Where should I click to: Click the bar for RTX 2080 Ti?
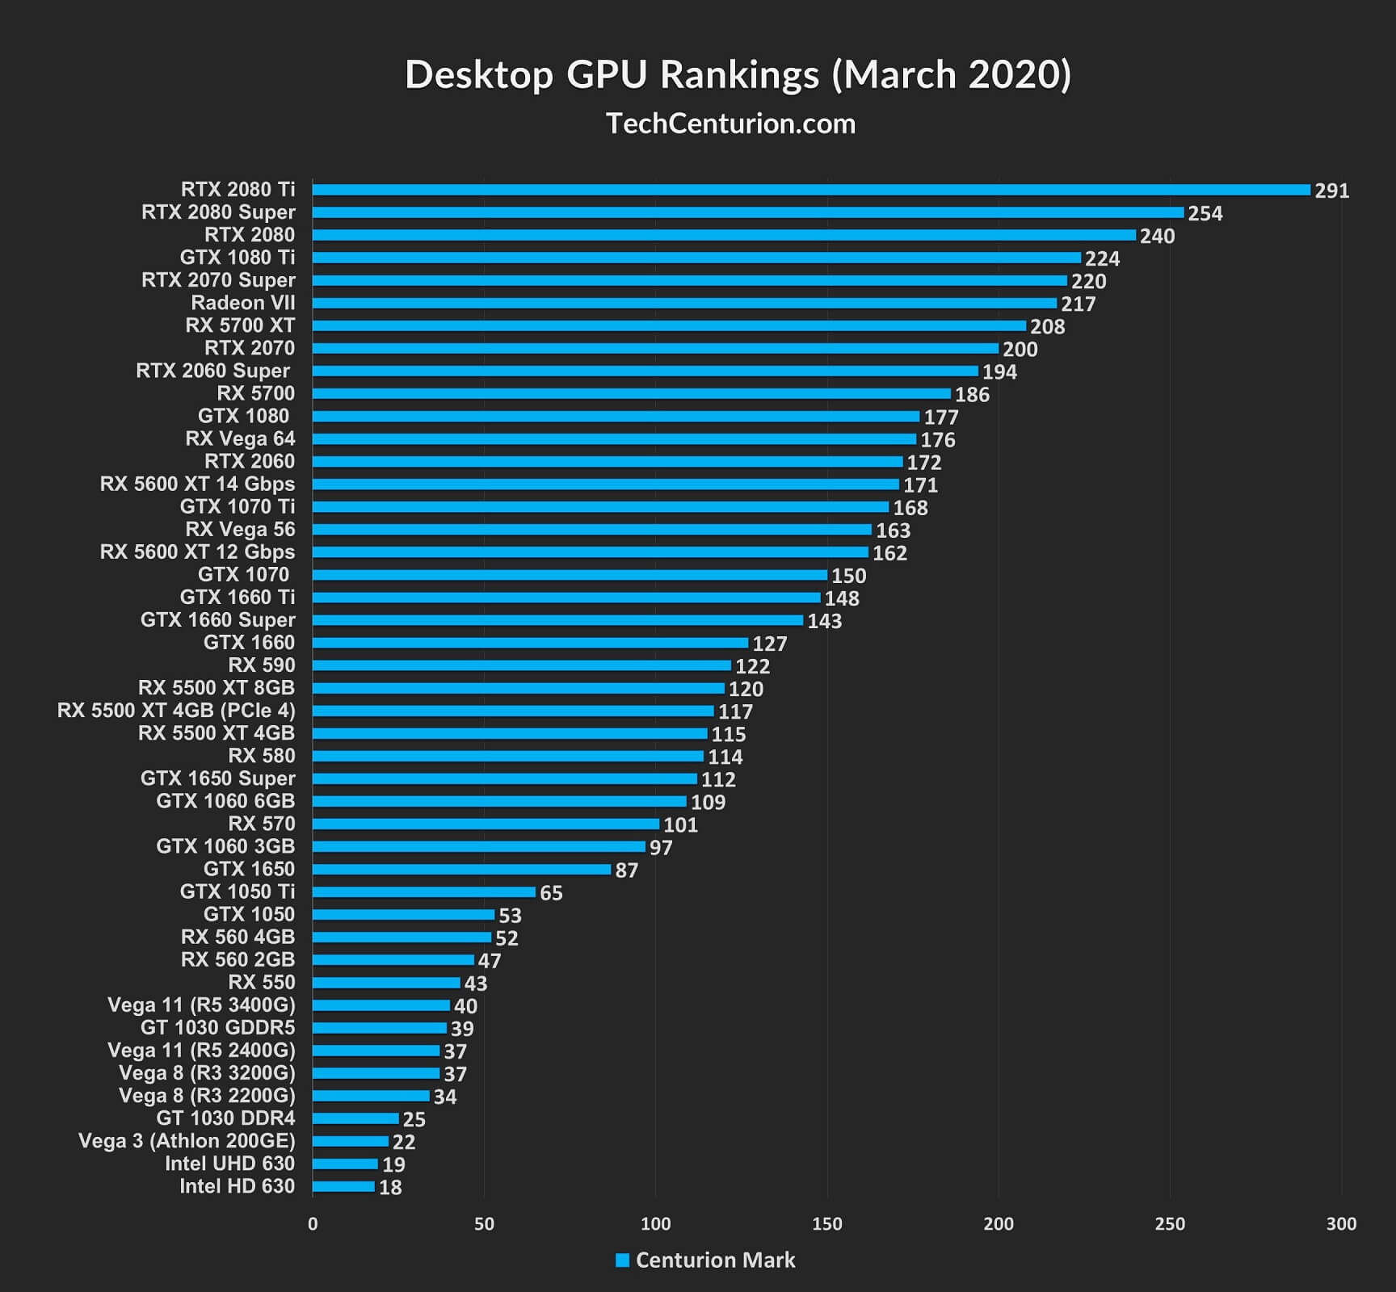tap(811, 190)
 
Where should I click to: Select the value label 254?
tap(1205, 214)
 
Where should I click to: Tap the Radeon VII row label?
tap(242, 303)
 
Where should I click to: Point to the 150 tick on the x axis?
tap(826, 1224)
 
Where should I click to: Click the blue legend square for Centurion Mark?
tap(622, 1261)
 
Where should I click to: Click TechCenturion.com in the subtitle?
tap(730, 124)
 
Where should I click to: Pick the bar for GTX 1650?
tap(461, 870)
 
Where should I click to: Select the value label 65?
tap(551, 893)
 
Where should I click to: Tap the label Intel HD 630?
tap(237, 1186)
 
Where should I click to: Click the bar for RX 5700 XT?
tap(669, 326)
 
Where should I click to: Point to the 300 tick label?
tap(1341, 1224)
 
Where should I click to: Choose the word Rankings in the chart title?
tap(739, 74)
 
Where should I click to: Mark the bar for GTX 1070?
tap(570, 575)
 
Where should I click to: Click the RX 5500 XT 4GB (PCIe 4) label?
tap(176, 711)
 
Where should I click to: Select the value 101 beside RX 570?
tap(680, 825)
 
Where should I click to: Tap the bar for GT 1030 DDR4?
tap(355, 1119)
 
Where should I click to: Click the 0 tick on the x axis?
tap(313, 1224)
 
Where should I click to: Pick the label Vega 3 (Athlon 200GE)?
tap(187, 1141)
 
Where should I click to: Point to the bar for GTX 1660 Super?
tap(557, 620)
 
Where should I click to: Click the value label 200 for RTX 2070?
tap(1020, 350)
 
